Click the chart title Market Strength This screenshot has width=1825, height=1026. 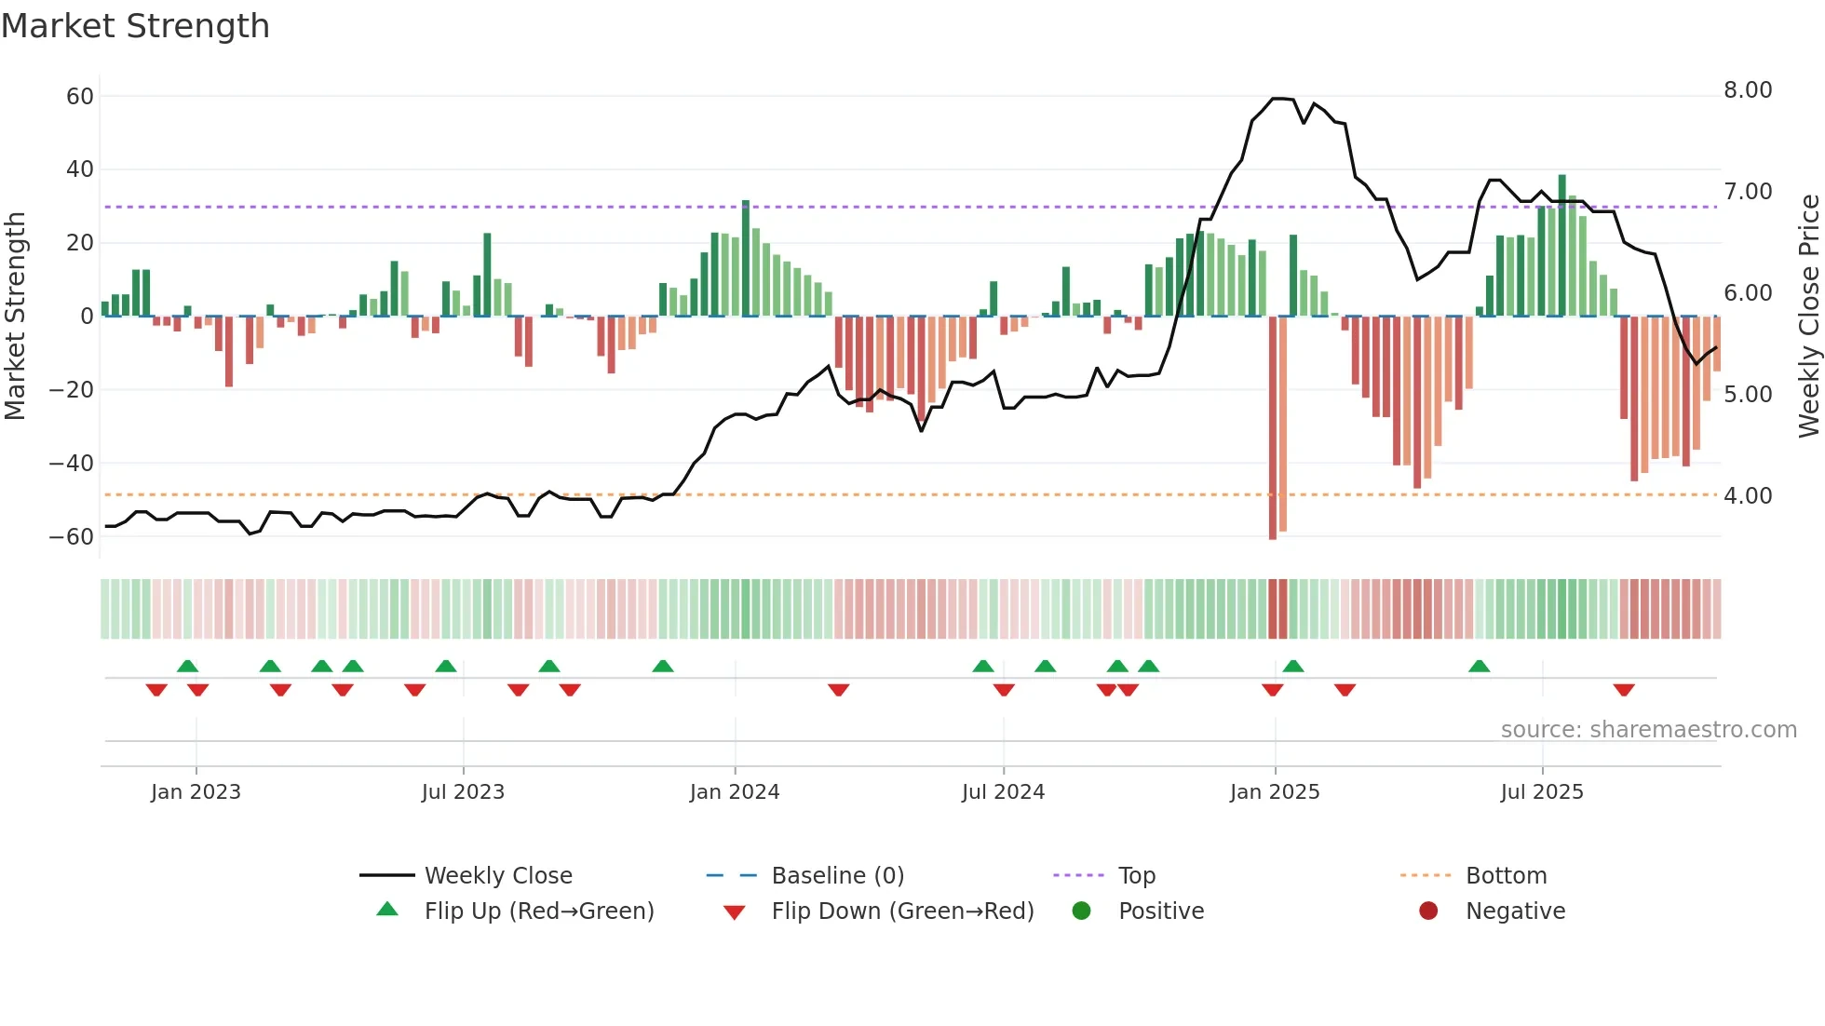[136, 26]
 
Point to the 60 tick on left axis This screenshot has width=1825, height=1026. [80, 96]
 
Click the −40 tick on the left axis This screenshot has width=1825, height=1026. [72, 463]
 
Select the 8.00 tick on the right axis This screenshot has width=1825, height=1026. [1748, 90]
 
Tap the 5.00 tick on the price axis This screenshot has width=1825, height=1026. [1748, 395]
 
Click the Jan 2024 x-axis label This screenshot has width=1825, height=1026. [735, 792]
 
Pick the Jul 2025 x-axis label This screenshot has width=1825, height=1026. [1542, 792]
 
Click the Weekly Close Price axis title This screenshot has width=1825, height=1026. [1808, 316]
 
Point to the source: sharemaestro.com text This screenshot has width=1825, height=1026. [1648, 730]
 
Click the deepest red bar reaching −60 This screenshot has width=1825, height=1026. [1273, 428]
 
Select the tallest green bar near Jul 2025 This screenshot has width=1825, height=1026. [1562, 246]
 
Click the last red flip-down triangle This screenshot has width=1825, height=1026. [1624, 690]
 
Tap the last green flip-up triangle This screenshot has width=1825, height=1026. [1480, 666]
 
